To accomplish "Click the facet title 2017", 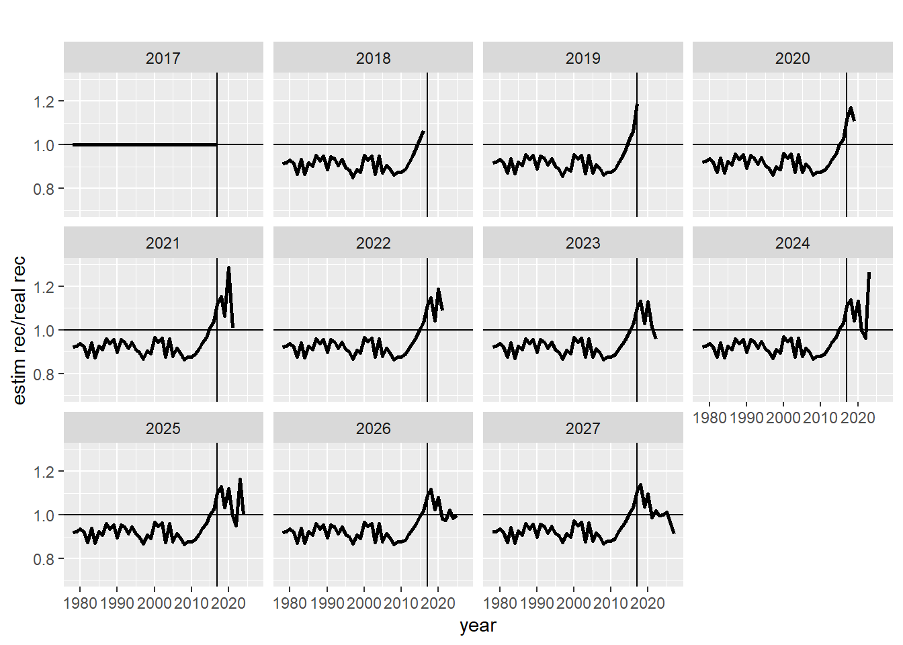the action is click(x=163, y=58).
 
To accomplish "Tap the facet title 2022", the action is click(x=373, y=243).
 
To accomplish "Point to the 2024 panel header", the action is click(x=792, y=243).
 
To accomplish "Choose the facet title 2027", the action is click(x=583, y=429).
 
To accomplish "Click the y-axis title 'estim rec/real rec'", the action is click(x=19, y=330).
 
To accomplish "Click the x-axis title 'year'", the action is click(x=478, y=626).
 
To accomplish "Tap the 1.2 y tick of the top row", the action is click(x=44, y=101).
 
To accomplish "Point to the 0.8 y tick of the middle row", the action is click(x=44, y=374).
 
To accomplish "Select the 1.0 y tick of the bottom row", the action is click(x=44, y=515).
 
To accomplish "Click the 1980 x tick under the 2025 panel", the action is click(x=80, y=603).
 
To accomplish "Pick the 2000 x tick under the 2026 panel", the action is click(x=364, y=603).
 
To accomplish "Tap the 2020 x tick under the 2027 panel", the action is click(x=648, y=603).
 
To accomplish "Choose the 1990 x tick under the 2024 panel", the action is click(x=746, y=418).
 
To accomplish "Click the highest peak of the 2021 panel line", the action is click(x=228, y=267).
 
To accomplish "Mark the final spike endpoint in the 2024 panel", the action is click(x=869, y=273).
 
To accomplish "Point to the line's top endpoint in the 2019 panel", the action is click(x=638, y=105).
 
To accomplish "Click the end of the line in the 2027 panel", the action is click(x=674, y=533).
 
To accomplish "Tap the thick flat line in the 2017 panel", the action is click(x=144, y=144).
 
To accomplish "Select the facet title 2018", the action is click(x=373, y=58).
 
